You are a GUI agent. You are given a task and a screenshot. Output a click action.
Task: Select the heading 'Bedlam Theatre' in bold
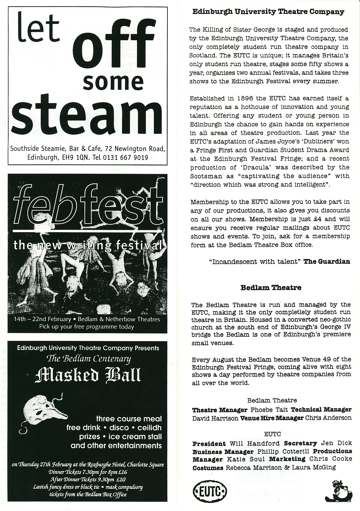tap(271, 287)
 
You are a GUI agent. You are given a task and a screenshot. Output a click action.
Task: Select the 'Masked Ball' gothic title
tap(87, 375)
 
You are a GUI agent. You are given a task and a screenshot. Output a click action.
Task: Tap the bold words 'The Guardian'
tap(327, 261)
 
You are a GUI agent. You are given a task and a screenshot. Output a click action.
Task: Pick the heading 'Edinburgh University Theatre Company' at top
tap(268, 12)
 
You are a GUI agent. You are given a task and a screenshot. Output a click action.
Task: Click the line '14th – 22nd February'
tap(42, 319)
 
